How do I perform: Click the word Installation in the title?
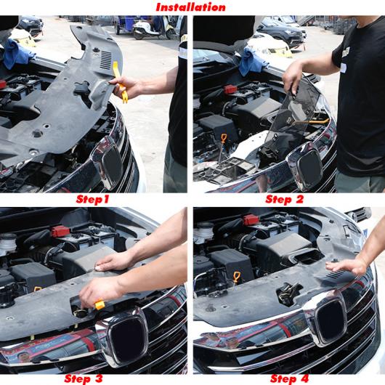(192, 7)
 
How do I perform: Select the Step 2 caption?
(285, 199)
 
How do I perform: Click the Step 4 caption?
(293, 378)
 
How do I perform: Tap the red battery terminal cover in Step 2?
(230, 90)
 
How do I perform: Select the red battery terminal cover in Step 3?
(60, 232)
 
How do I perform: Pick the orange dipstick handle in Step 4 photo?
(236, 277)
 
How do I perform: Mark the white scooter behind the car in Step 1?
(148, 28)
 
